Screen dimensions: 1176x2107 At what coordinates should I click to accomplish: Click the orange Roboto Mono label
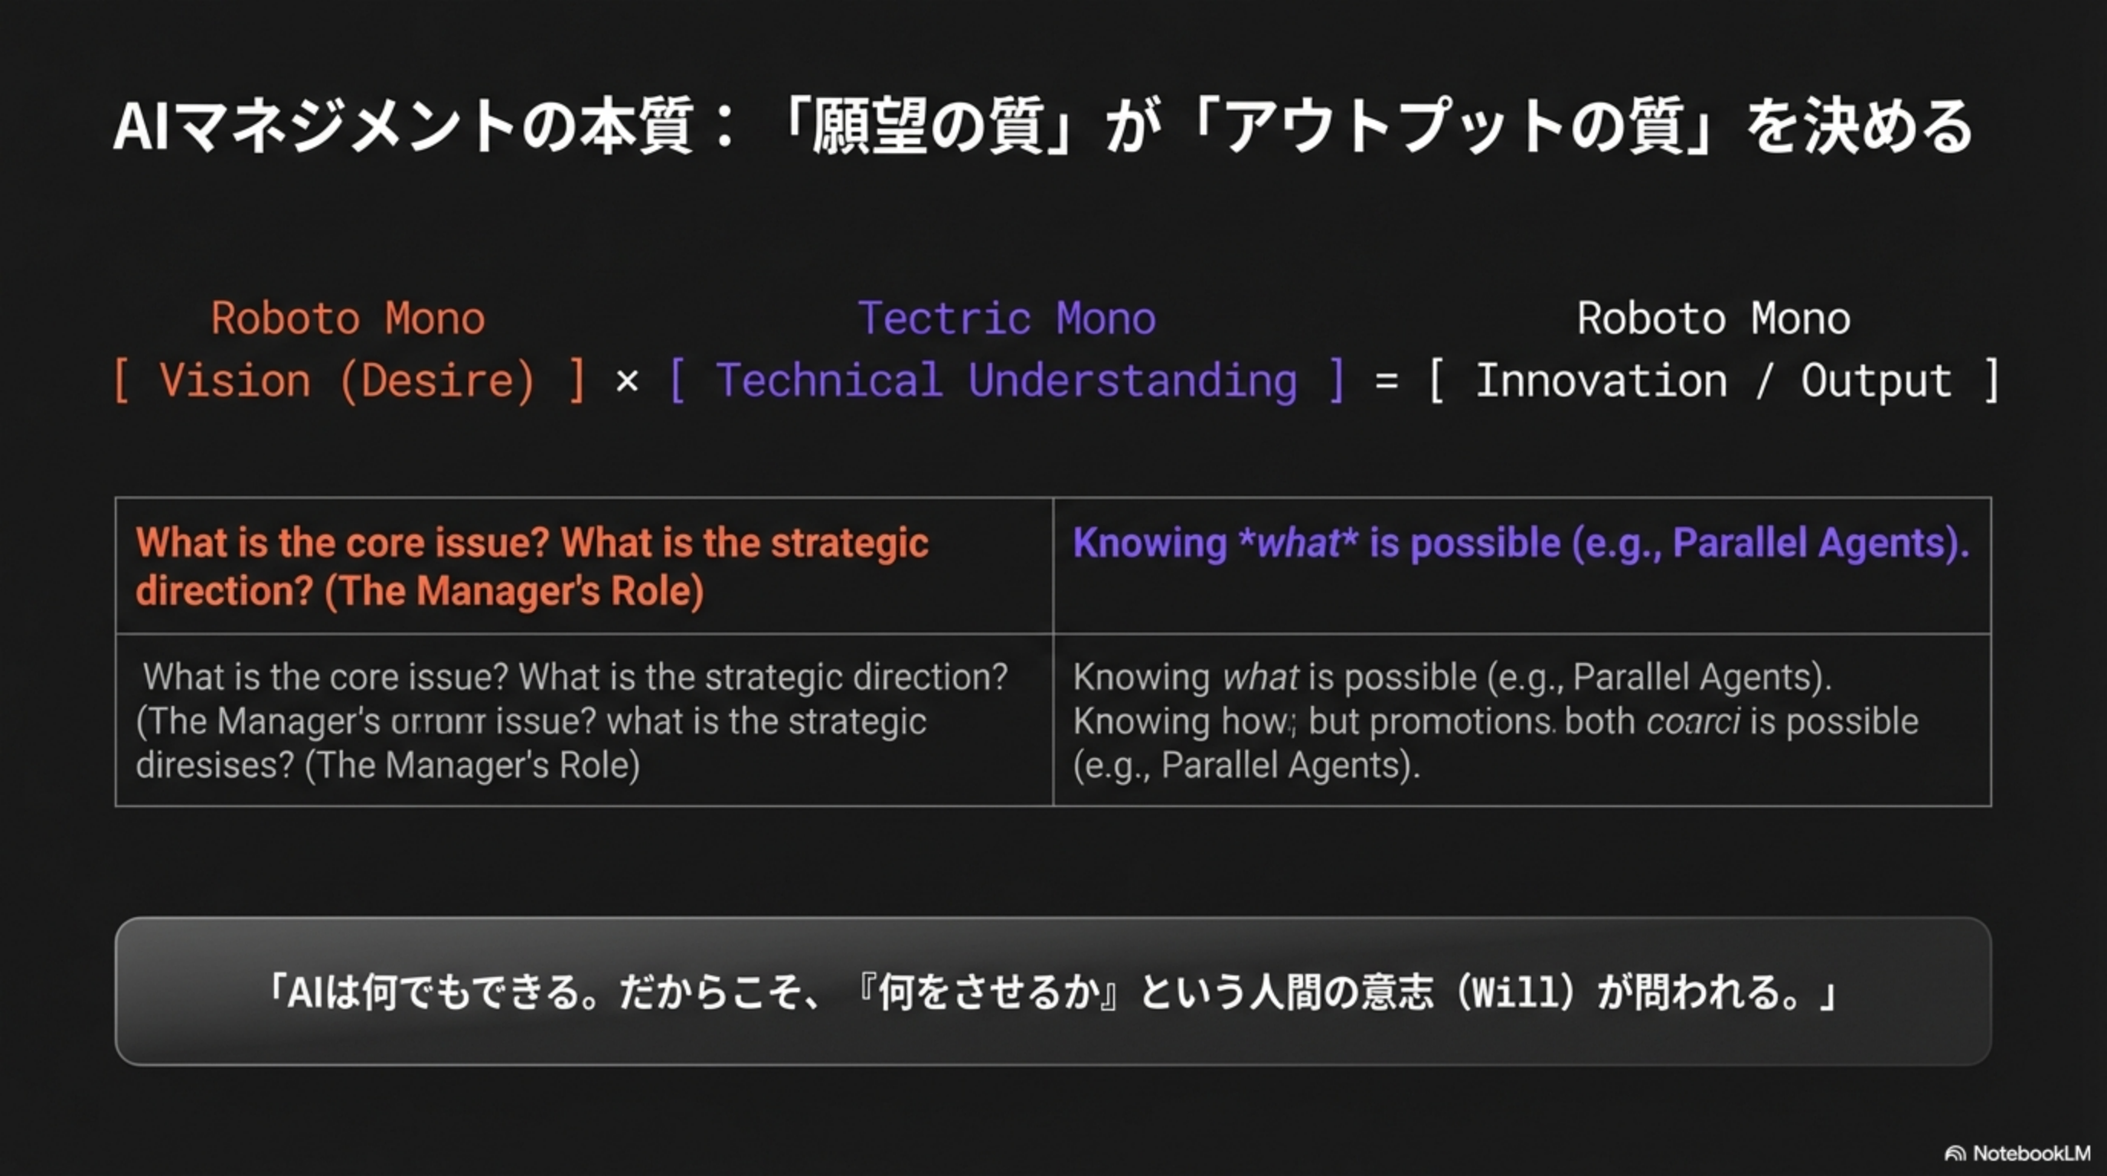[348, 318]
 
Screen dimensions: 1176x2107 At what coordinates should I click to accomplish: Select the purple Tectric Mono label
[1006, 318]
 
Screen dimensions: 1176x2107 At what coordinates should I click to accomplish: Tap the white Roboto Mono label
[1713, 318]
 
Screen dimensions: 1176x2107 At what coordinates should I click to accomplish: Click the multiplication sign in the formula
[626, 382]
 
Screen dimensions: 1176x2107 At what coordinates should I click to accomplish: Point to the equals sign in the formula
[1386, 382]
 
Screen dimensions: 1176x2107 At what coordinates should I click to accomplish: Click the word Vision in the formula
[235, 382]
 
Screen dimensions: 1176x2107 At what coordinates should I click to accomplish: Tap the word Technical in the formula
[828, 382]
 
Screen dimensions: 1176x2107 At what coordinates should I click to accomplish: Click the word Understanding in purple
[1132, 382]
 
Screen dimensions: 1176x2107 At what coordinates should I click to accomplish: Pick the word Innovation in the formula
[1601, 382]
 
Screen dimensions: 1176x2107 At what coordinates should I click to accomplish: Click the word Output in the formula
[1876, 382]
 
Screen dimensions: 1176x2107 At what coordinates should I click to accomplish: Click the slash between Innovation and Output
[1763, 382]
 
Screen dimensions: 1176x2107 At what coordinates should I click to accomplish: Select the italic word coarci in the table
[1692, 722]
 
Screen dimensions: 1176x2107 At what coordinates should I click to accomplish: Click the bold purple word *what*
[1297, 543]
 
